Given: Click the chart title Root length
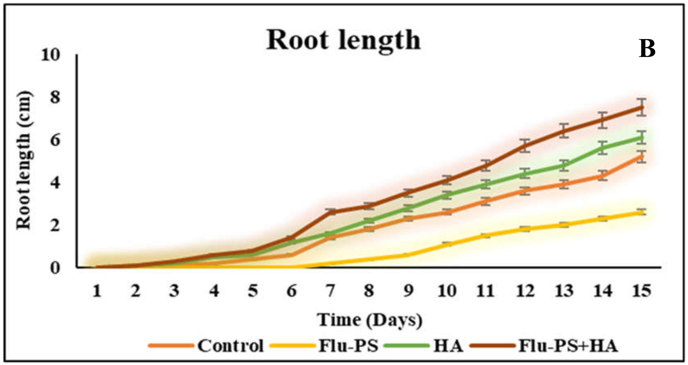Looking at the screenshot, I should click(x=343, y=40).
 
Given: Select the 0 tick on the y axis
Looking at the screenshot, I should click(x=54, y=268).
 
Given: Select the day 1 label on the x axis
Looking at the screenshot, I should click(x=97, y=291).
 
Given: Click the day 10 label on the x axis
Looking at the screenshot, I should click(x=447, y=291).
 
